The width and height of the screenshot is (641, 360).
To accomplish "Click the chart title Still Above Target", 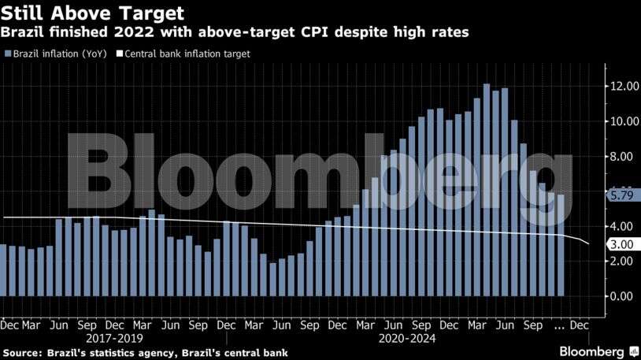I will coord(94,13).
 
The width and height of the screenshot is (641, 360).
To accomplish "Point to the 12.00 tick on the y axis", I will coord(622,87).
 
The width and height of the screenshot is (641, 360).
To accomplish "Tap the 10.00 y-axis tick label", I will coord(622,121).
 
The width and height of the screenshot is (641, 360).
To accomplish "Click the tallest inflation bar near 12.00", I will coord(487,189).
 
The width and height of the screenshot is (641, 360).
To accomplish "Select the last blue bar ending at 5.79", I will coord(561,245).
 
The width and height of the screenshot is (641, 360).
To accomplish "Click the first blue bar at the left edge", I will coord(3,270).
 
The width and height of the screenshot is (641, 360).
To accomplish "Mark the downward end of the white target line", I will coord(588,243).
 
